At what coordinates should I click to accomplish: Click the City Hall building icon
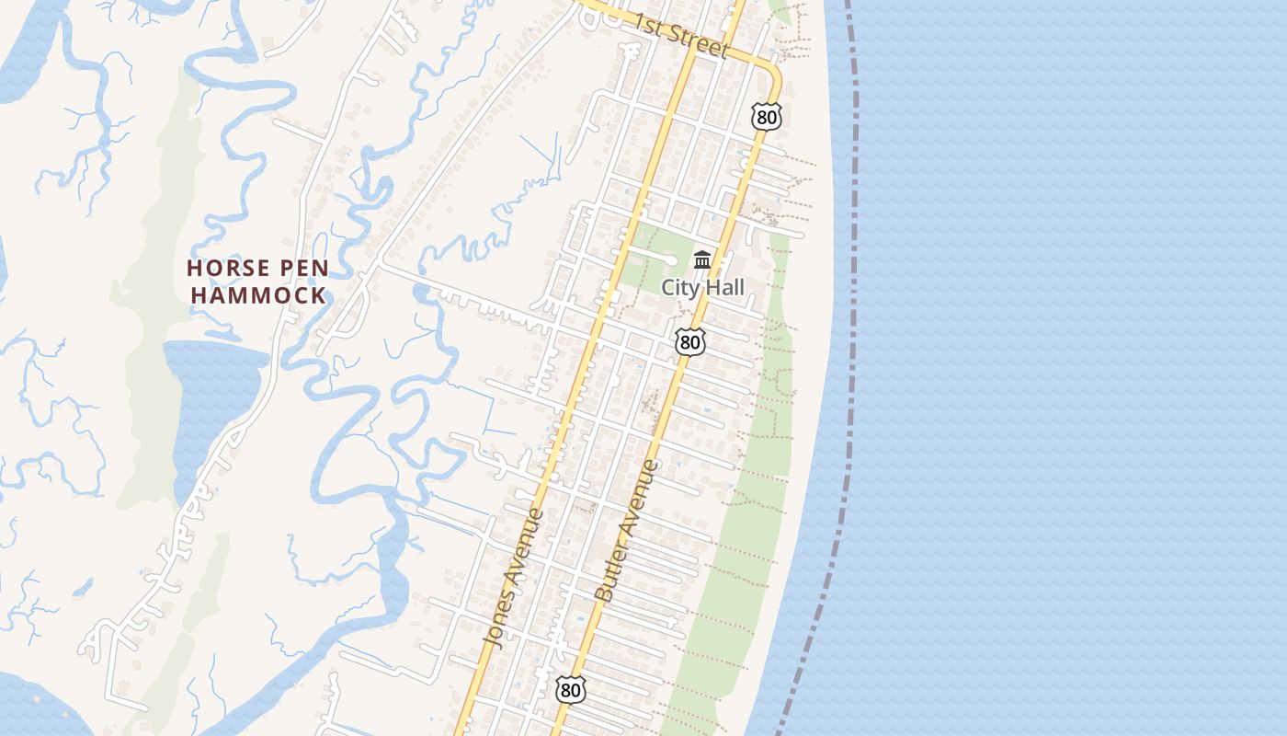click(703, 260)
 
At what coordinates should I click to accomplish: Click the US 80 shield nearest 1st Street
click(766, 116)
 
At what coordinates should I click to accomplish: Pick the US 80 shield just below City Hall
click(689, 342)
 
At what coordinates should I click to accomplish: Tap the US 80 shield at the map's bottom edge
click(571, 689)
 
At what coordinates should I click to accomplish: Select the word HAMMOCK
click(258, 296)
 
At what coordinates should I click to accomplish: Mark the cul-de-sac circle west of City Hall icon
click(671, 259)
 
